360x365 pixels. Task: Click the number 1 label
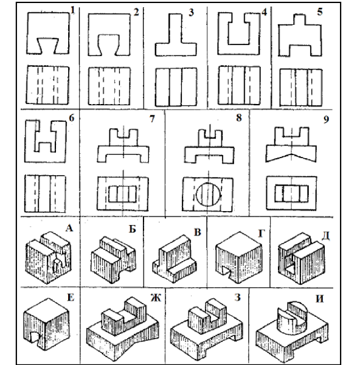click(72, 10)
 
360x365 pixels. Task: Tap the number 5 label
click(320, 12)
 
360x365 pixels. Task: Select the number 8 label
click(239, 118)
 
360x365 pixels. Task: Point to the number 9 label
click(327, 119)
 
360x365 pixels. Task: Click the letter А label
click(69, 228)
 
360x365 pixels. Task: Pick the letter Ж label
click(156, 297)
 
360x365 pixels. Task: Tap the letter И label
click(319, 299)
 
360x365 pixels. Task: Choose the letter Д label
click(325, 236)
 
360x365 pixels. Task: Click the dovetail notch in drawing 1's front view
click(48, 46)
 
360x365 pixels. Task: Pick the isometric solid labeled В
click(175, 259)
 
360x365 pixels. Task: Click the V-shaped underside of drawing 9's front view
click(291, 157)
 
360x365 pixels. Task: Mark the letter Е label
click(71, 297)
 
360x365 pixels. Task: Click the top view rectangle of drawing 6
click(45, 194)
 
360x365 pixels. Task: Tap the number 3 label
click(191, 12)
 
